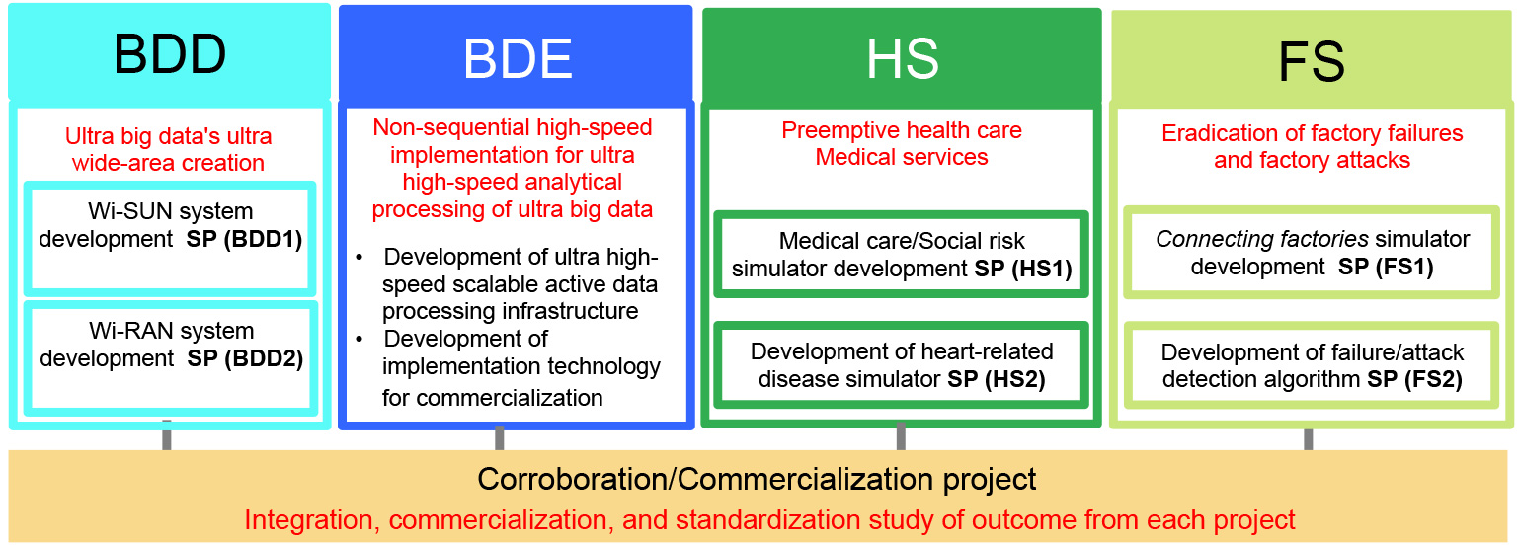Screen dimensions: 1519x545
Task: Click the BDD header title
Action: pos(170,54)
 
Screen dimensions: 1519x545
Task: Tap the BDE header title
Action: pos(518,58)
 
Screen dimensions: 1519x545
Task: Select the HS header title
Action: pos(903,58)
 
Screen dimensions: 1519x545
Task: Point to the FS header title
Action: pos(1311,61)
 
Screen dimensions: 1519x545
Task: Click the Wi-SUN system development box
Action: pos(170,239)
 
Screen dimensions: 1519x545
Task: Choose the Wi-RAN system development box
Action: pos(170,358)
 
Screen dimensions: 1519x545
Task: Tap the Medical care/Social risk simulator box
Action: pos(901,254)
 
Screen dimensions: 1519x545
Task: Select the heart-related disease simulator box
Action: pos(901,364)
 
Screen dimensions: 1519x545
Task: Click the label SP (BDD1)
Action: pos(244,239)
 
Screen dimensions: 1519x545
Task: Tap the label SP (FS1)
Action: pos(1386,267)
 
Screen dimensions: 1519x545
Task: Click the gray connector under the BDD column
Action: pos(166,435)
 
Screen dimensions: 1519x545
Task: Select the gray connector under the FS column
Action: pos(1308,439)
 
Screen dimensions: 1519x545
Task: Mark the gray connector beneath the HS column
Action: pos(901,436)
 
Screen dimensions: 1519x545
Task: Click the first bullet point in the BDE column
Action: pos(359,258)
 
